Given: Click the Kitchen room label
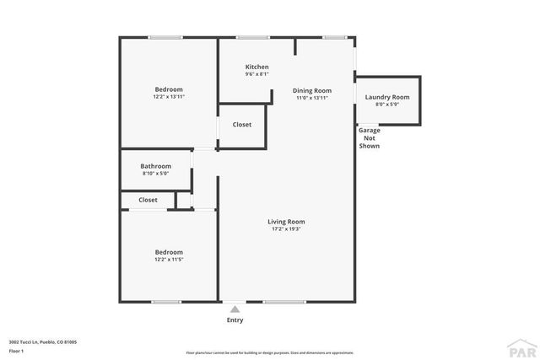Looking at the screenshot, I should coord(256,67).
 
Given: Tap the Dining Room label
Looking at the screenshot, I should coord(311,90).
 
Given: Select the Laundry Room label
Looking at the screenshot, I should coord(386,97).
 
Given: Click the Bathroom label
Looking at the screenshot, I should coord(155,166).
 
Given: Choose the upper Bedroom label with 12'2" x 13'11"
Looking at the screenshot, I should coord(168,89).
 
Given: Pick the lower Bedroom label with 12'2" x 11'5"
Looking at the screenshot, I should coord(168,252).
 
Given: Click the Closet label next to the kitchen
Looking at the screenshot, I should coord(241,125).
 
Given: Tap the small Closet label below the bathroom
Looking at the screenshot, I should coord(148,200).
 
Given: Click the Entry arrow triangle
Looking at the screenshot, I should coord(235,309).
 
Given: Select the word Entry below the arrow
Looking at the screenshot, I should coord(235,320).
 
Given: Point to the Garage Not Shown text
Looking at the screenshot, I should coord(369,138).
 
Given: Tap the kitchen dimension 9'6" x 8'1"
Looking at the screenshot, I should coord(256,74).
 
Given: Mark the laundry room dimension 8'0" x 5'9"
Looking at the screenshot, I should coord(386,105).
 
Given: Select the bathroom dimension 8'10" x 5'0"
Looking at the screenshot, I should coord(155,174).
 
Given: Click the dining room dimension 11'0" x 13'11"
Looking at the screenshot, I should coord(311,98).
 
